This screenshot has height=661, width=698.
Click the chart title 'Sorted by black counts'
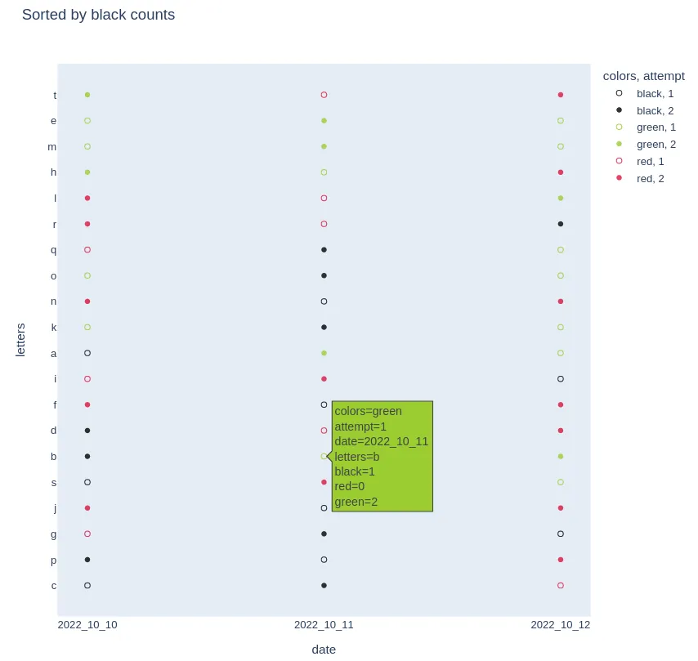click(x=98, y=15)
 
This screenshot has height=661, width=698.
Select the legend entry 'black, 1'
click(x=655, y=94)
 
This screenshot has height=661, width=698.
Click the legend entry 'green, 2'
click(x=655, y=145)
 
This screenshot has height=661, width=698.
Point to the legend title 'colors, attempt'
click(x=643, y=76)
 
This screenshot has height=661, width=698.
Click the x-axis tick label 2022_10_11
click(x=324, y=625)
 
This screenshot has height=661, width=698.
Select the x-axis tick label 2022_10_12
click(x=560, y=625)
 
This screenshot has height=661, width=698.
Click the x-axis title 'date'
click(x=324, y=650)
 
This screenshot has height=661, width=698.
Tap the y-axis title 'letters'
click(x=21, y=340)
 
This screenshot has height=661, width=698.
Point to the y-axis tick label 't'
click(x=55, y=95)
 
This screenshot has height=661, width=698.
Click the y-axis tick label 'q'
click(x=54, y=250)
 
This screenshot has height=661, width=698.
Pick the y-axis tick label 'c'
click(x=54, y=586)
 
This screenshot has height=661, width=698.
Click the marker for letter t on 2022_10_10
click(x=87, y=95)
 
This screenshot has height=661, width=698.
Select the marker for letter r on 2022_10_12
click(x=561, y=224)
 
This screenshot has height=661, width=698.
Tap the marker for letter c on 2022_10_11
click(x=324, y=586)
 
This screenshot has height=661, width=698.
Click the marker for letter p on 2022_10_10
click(x=87, y=560)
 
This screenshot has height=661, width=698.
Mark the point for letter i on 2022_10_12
click(x=561, y=379)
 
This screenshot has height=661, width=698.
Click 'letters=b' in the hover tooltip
click(x=356, y=456)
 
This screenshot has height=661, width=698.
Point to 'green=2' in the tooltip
click(x=356, y=502)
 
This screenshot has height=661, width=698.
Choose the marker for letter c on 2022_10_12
click(x=561, y=586)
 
